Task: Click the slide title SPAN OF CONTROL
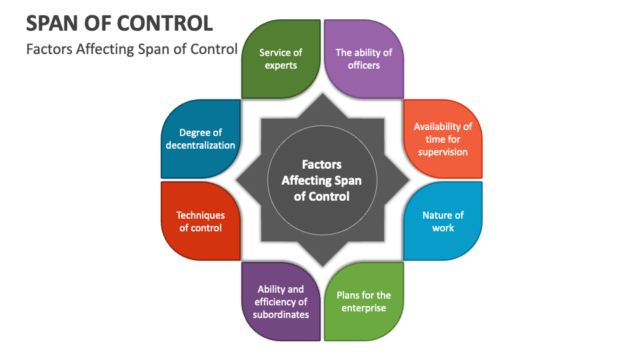coord(119,23)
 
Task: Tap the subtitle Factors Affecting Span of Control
coord(131,49)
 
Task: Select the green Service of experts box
coord(281,59)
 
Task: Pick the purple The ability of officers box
coord(363,59)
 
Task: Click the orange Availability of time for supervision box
coord(443,139)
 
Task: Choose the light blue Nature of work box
coord(443,221)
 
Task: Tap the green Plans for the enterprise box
coord(363,301)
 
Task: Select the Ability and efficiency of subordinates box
coord(281,301)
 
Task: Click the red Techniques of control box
coord(201,221)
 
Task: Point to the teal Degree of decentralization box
coord(201,139)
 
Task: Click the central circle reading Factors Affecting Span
coord(322,180)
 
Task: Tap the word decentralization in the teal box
coord(201,145)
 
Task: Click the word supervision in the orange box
coord(443,152)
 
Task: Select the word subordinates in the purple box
coord(281,315)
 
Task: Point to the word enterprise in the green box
coord(363,308)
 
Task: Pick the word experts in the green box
coord(281,65)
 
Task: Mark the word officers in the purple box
coord(363,65)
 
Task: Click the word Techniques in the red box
coord(201,215)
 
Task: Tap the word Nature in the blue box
coord(434,215)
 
